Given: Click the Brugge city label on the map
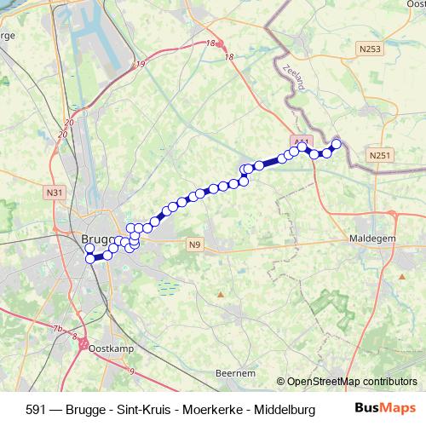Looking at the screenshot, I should (95, 239).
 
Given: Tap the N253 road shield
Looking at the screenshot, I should (371, 49).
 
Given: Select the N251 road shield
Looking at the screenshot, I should (380, 154).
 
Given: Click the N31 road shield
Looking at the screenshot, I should (56, 193).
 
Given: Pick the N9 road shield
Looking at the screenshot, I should (195, 245).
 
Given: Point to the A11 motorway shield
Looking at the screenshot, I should (301, 140).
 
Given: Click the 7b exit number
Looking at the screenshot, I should (57, 329).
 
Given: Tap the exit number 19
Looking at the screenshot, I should (141, 64).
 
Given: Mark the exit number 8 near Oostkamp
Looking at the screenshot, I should (74, 338).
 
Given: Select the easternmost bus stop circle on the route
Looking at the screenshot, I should (336, 144).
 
